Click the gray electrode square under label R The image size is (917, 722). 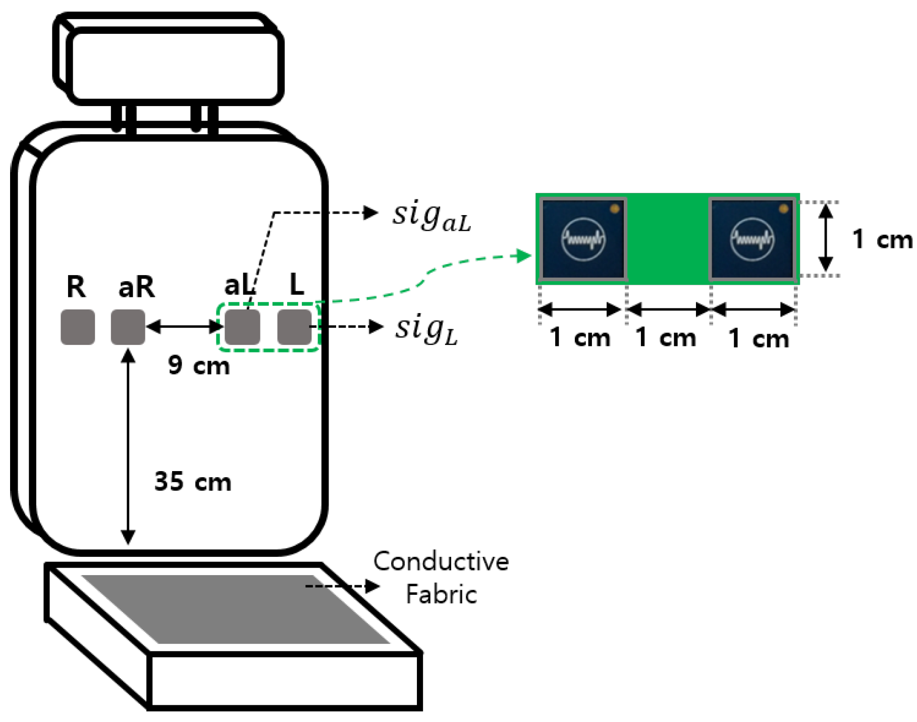(77, 327)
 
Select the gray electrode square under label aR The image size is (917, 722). (128, 327)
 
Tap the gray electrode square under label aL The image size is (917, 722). (242, 327)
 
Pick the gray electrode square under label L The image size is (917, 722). (294, 327)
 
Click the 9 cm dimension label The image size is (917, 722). (199, 365)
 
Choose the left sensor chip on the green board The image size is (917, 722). (583, 238)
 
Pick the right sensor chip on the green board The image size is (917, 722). (752, 238)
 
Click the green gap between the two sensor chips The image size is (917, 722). (668, 238)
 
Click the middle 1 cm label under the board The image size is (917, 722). (666, 337)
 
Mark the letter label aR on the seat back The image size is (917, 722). (136, 287)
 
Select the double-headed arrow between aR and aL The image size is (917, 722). (185, 327)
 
